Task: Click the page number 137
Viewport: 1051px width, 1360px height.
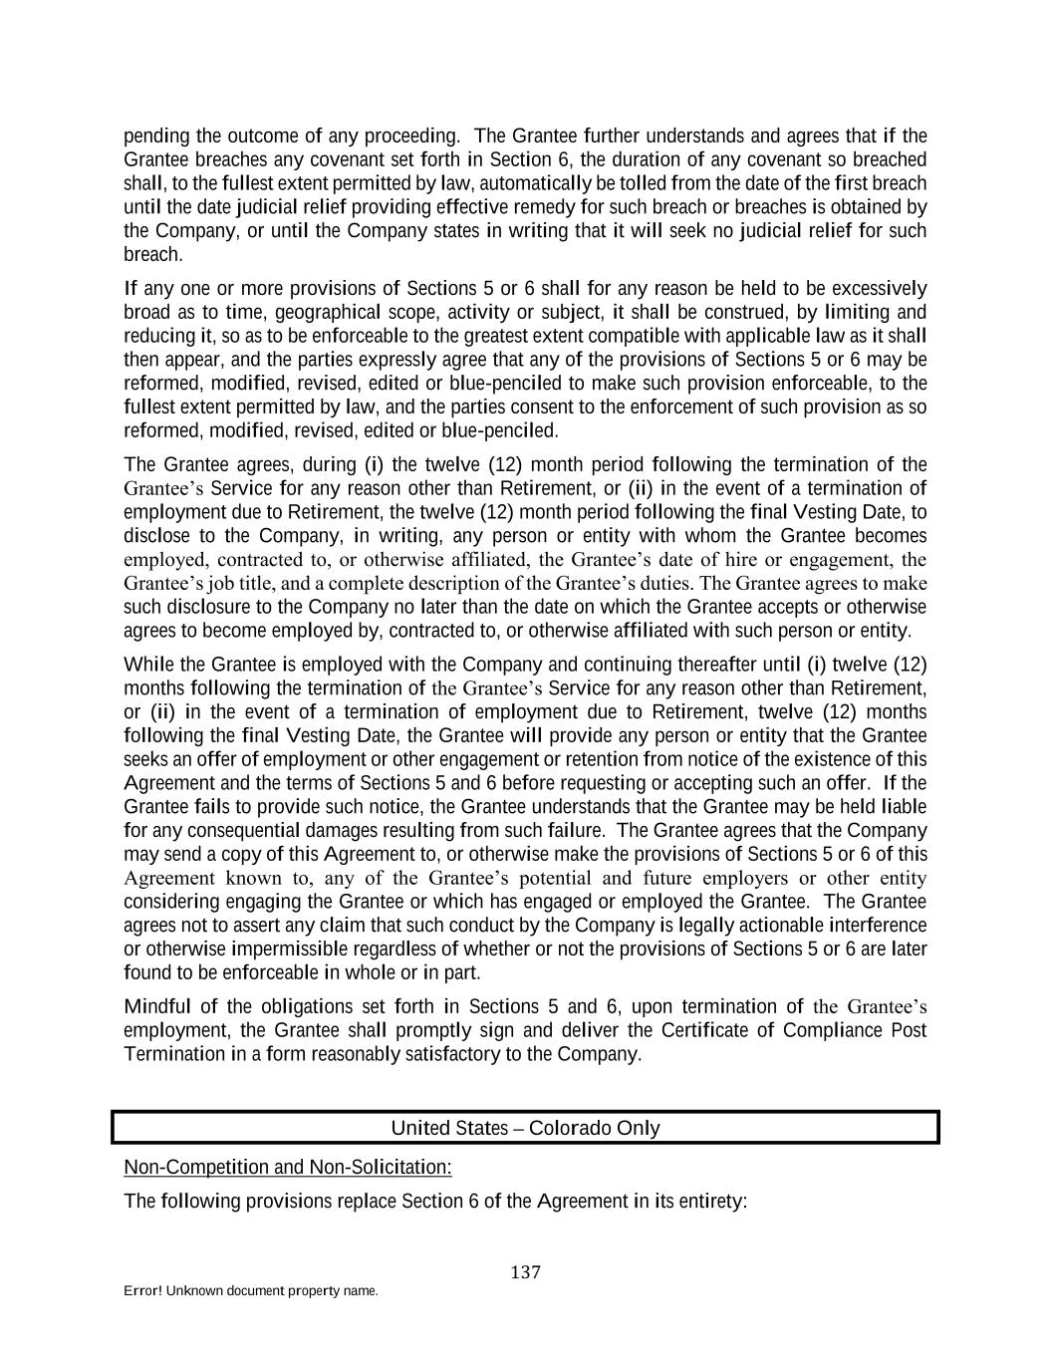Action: pos(525,1272)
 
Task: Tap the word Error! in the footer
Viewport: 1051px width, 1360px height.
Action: pos(143,1291)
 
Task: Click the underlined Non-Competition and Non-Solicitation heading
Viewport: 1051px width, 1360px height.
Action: pos(287,1167)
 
